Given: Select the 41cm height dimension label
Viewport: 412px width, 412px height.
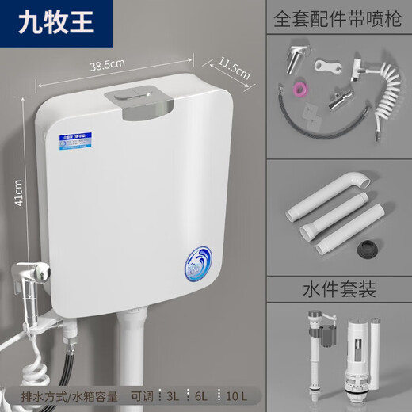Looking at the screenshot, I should [18, 189].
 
